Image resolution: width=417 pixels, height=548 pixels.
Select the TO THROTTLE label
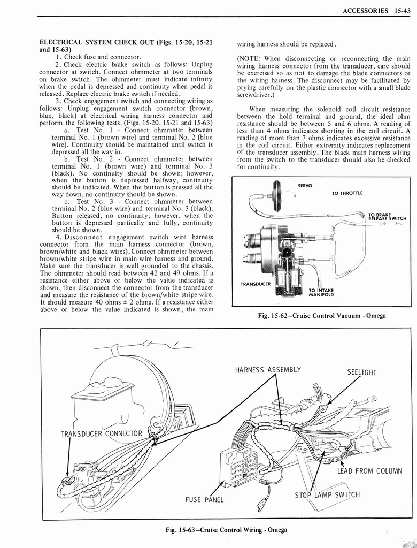tap(347, 193)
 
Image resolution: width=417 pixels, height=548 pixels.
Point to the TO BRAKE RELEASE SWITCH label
tap(387, 216)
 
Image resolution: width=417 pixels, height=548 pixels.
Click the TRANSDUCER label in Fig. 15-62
tap(256, 284)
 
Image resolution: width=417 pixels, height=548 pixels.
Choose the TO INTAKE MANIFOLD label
tap(321, 292)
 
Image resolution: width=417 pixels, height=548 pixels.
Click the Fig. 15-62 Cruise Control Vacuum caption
tap(321, 316)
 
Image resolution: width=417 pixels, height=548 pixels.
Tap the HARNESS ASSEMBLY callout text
tap(268, 370)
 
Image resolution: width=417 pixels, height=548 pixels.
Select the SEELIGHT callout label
tap(362, 372)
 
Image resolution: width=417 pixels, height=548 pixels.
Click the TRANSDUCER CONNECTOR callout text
tap(101, 433)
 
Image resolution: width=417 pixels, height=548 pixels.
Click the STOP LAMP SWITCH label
tap(327, 494)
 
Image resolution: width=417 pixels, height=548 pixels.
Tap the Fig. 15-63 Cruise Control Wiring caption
tap(226, 530)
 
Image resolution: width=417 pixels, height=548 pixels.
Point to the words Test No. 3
tap(88, 201)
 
